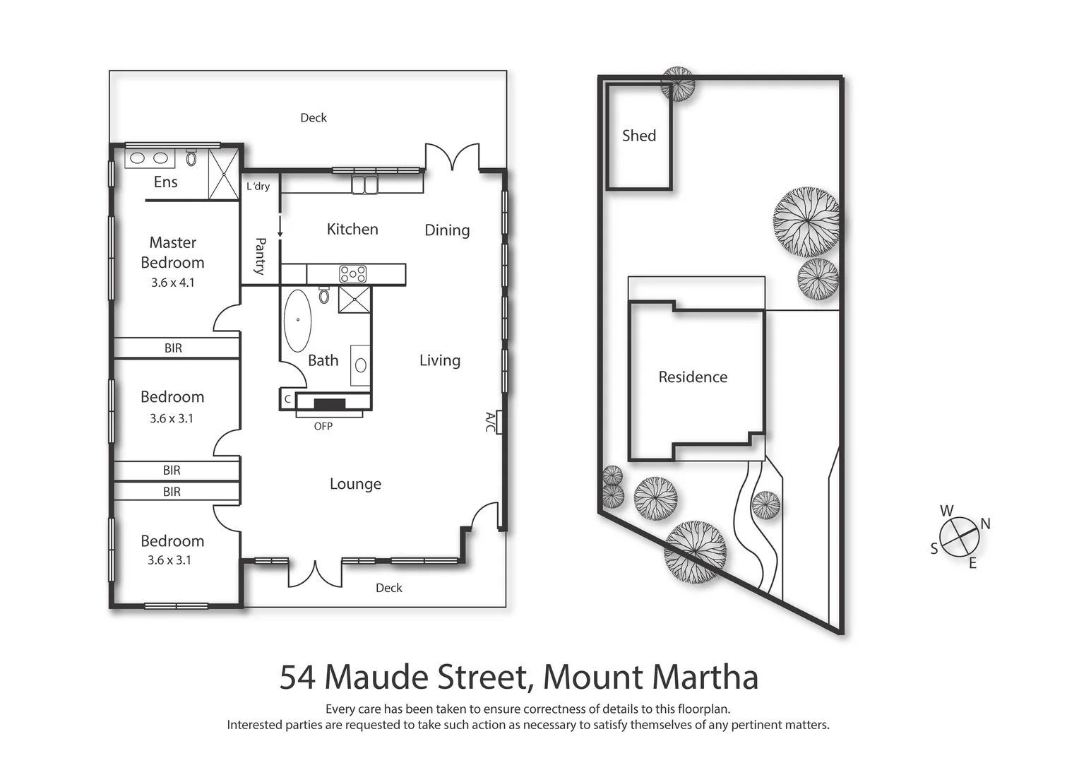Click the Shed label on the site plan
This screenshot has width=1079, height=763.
tap(638, 136)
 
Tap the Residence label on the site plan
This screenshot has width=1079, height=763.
tap(693, 377)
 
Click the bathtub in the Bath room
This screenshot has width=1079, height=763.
tap(297, 320)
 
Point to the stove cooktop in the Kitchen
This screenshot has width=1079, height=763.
tap(352, 273)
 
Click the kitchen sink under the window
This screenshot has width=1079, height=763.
tap(364, 184)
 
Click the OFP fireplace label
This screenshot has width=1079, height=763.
tap(323, 426)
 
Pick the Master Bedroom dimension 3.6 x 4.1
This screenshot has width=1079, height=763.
tap(172, 283)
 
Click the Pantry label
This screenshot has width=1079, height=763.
tap(260, 256)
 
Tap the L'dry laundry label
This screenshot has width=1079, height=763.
tap(258, 187)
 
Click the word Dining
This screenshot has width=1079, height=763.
tap(447, 230)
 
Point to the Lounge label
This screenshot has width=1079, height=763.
tap(355, 484)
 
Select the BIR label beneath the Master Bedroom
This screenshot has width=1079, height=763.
tap(173, 348)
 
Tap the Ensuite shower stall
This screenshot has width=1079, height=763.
tap(224, 173)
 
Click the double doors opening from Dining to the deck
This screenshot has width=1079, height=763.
tap(452, 158)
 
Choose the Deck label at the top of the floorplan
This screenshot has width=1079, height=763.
tap(314, 118)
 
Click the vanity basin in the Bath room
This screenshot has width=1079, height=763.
tap(361, 365)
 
